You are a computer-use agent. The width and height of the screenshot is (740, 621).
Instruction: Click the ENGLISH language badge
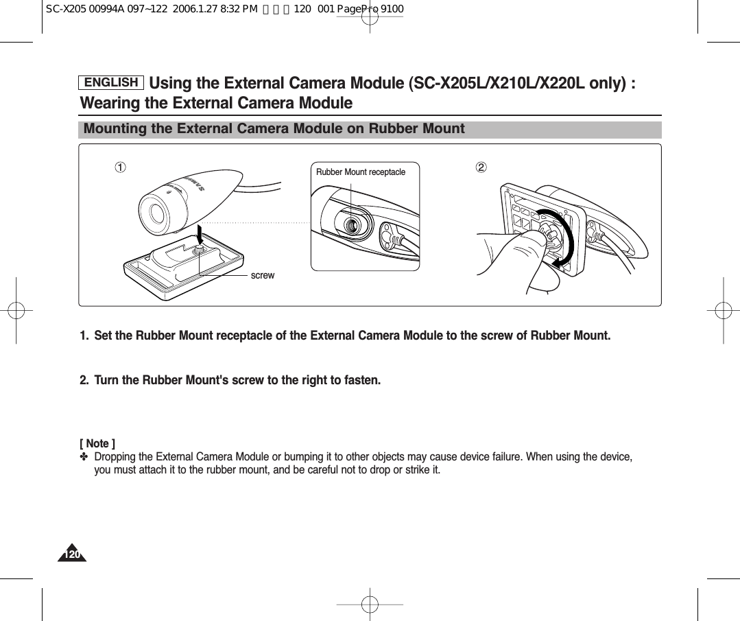pyautogui.click(x=111, y=83)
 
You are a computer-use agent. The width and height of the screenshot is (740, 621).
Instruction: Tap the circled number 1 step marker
pyautogui.click(x=120, y=167)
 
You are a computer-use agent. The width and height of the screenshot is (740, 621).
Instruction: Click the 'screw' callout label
pyautogui.click(x=262, y=275)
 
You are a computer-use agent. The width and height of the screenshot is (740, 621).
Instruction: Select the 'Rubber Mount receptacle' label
pyautogui.click(x=360, y=172)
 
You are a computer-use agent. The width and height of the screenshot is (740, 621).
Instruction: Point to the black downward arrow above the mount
pyautogui.click(x=198, y=233)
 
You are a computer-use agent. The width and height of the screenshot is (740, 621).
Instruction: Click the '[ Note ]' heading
pyautogui.click(x=97, y=443)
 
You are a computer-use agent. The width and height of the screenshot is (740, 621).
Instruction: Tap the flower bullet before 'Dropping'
pyautogui.click(x=85, y=457)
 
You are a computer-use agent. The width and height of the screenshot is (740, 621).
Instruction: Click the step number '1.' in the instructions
pyautogui.click(x=84, y=336)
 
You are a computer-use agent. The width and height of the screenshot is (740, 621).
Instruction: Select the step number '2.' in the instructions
pyautogui.click(x=84, y=380)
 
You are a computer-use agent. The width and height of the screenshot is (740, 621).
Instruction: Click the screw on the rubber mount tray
pyautogui.click(x=198, y=251)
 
